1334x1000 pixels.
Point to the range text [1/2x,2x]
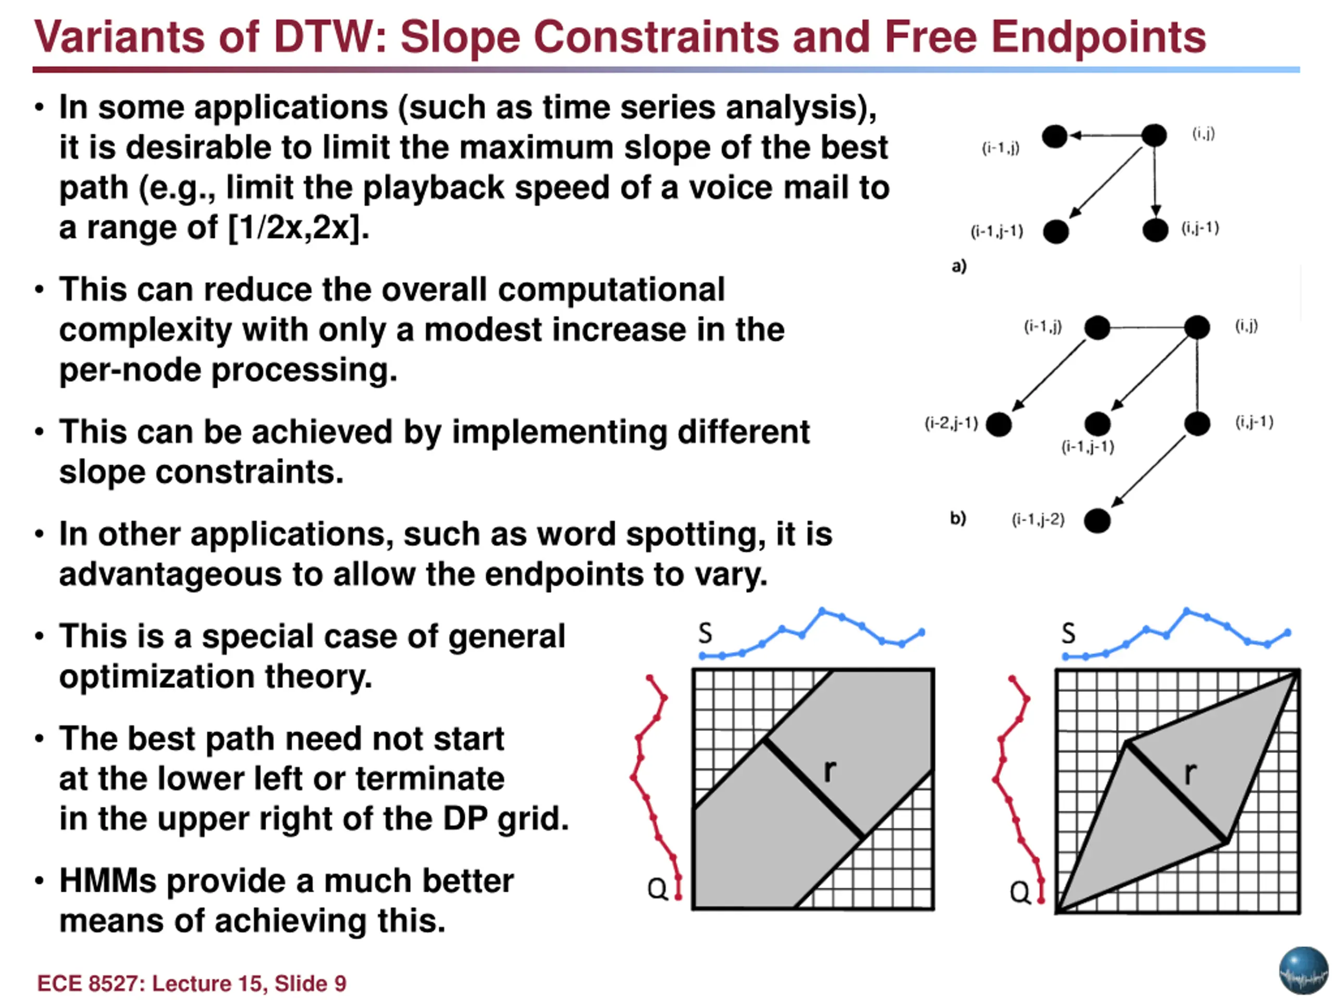point(299,228)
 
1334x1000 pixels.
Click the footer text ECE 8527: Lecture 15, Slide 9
point(192,983)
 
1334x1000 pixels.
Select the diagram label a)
point(959,266)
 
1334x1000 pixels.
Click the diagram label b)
point(958,518)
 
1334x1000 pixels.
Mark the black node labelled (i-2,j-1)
point(999,424)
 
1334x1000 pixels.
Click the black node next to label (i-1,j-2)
point(1097,521)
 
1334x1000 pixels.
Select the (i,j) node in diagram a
point(1154,135)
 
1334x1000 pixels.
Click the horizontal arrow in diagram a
point(1105,135)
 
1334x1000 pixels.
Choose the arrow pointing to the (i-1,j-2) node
point(1147,471)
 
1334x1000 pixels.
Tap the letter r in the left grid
point(830,770)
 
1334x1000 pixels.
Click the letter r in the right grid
point(1189,773)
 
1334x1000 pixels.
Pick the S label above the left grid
point(705,633)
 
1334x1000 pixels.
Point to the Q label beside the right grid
point(1020,892)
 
